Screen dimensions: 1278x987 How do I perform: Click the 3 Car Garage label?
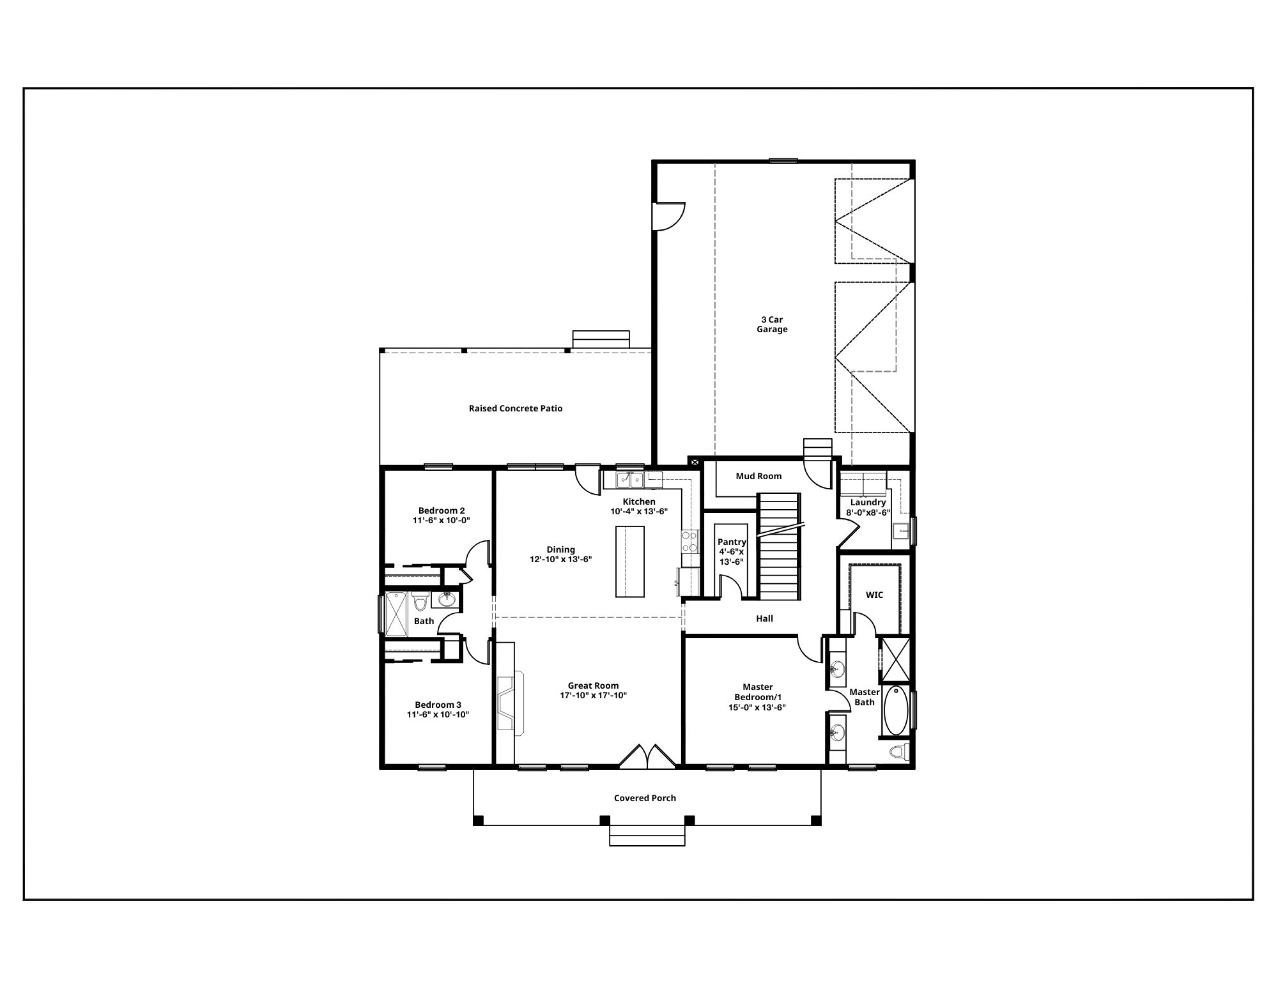(772, 325)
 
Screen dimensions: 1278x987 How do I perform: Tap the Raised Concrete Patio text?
(516, 408)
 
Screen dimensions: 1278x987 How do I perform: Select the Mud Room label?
(758, 476)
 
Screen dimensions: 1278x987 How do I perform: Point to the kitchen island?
(629, 561)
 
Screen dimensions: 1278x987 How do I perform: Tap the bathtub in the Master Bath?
(895, 710)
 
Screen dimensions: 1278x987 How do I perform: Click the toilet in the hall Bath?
(420, 601)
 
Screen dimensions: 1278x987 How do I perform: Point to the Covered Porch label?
(645, 798)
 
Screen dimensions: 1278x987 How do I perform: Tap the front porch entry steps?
(647, 836)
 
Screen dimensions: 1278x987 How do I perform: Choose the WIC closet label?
(874, 595)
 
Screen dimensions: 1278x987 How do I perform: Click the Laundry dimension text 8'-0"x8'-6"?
(868, 512)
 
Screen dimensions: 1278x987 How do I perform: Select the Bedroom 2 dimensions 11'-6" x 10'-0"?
(441, 520)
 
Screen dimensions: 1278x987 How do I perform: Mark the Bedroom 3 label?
(438, 705)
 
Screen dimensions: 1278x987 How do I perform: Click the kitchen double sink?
(629, 479)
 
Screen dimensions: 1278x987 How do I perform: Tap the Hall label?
(764, 618)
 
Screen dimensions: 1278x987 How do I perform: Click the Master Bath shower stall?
(895, 659)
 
